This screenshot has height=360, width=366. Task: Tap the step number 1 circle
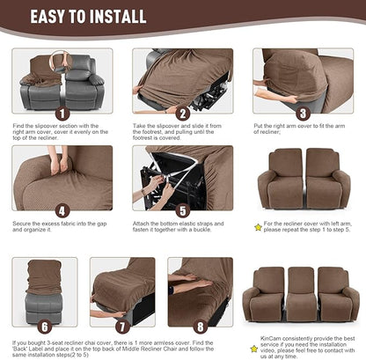[x=62, y=114]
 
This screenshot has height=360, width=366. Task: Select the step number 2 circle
[x=183, y=114]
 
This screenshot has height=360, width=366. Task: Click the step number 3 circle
[x=302, y=114]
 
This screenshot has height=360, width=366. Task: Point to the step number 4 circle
[x=62, y=211]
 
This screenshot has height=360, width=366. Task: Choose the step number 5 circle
[x=183, y=211]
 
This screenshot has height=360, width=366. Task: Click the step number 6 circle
[x=62, y=327]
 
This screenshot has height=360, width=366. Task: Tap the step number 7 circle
[x=122, y=327]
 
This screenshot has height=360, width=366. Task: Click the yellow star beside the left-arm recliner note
[x=258, y=227]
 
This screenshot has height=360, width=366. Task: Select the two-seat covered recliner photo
[x=304, y=178]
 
